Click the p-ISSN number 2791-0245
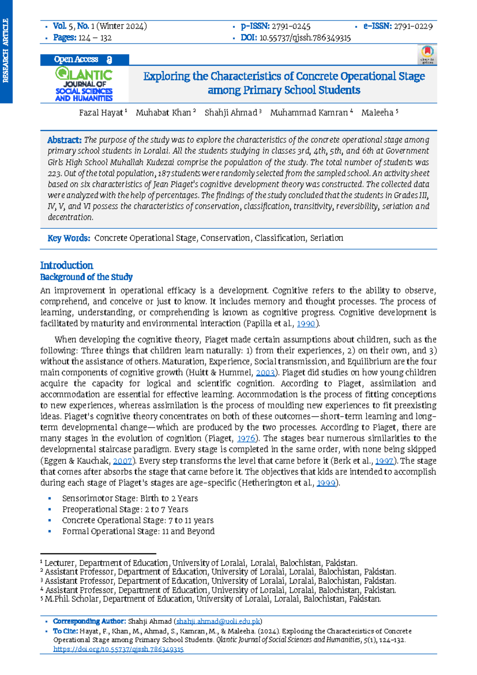point(291,26)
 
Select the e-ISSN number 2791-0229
point(413,26)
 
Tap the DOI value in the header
point(304,38)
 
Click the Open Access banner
point(84,60)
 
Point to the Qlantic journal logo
point(84,84)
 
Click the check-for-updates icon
point(427,55)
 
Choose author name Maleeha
point(377,113)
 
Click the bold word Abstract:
point(64,140)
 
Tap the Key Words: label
point(69,238)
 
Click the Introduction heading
point(66,265)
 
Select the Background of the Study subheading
point(86,277)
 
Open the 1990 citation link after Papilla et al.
point(306,324)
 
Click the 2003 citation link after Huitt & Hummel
point(265,373)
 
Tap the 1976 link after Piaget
point(246,439)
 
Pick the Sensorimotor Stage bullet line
point(130,498)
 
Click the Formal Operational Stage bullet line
point(138,531)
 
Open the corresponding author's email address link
point(218,621)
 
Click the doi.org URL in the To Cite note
point(118,649)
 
